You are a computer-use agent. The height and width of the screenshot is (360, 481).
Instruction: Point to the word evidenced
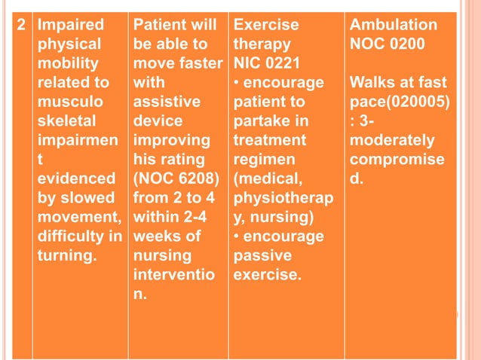coord(69,180)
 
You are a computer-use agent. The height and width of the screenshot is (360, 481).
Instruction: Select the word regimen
coord(261,160)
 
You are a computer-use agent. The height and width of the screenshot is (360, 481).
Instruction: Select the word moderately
coord(391,141)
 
